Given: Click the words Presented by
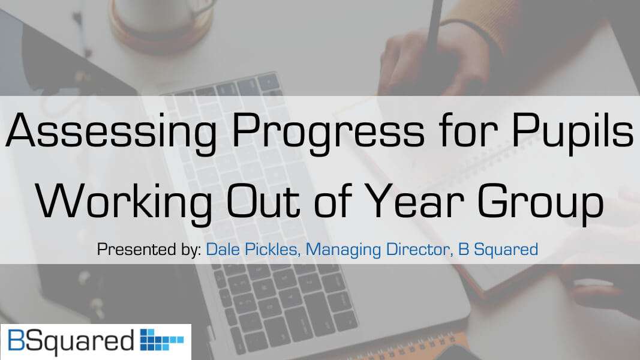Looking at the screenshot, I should (x=149, y=250).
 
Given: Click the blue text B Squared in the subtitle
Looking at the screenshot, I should (x=498, y=250).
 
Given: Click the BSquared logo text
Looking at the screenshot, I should (x=69, y=341).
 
